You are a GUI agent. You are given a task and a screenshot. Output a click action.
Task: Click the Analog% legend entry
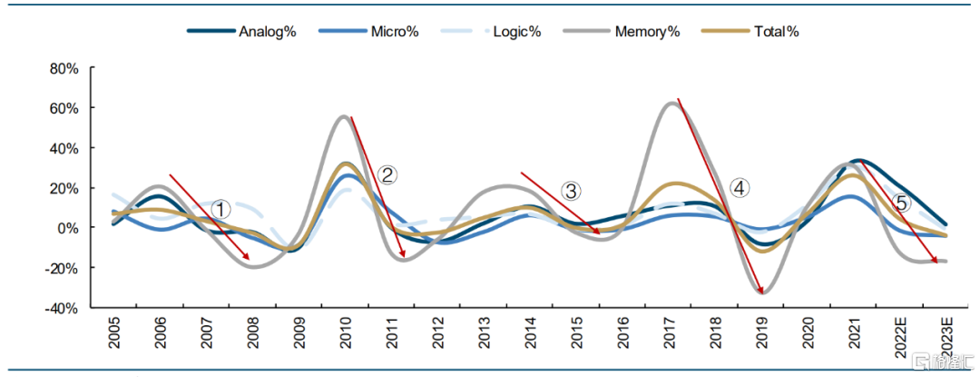241,31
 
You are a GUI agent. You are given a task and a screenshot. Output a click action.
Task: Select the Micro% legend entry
368,31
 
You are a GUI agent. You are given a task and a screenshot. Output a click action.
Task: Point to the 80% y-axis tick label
64,68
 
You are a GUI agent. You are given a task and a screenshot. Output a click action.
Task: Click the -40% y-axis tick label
62,308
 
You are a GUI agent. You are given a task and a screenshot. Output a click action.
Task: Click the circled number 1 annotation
220,209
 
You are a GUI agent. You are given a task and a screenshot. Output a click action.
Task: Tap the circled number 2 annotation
387,174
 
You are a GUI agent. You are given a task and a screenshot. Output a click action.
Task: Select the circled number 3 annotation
569,191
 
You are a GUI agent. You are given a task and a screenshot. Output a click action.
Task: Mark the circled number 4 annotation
740,187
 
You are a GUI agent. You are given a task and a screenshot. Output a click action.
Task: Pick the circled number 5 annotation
901,203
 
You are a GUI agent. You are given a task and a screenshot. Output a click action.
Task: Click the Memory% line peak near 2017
671,104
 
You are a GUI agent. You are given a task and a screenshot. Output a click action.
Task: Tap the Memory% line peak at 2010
345,116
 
